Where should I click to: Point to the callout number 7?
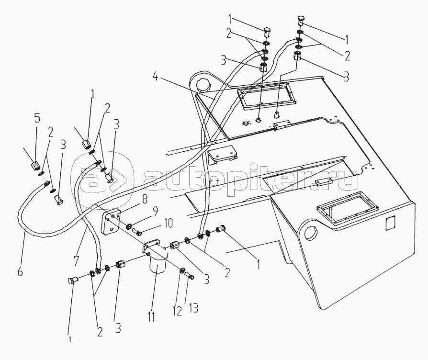tap(77, 261)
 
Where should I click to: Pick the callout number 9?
tap(155, 212)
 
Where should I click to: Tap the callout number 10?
tap(168, 224)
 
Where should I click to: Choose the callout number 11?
tap(151, 316)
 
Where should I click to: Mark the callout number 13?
tap(193, 308)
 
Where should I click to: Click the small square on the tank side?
tap(390, 223)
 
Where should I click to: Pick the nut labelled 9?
tap(129, 226)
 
